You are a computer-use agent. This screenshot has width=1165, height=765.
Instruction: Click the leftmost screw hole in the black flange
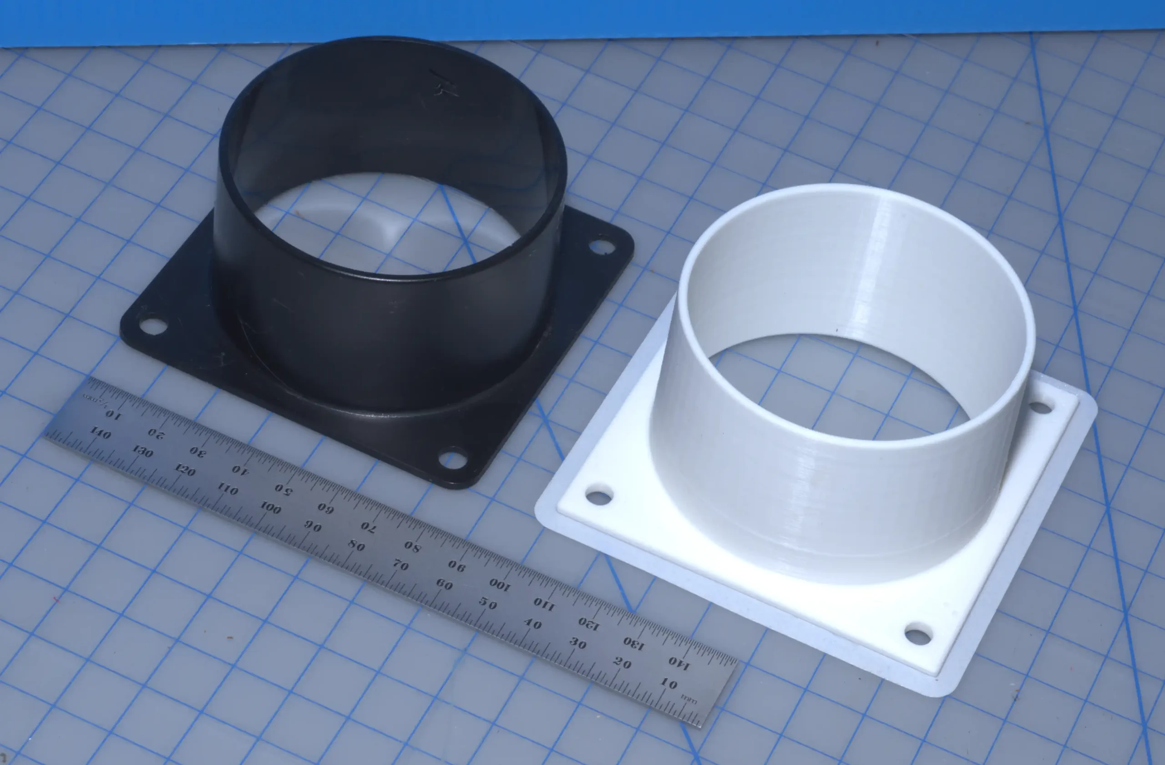click(153, 325)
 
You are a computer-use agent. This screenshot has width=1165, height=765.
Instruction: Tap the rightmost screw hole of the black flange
click(602, 246)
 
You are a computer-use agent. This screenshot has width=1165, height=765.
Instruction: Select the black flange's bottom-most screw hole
click(452, 459)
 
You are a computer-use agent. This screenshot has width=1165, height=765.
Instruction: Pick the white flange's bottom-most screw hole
click(918, 636)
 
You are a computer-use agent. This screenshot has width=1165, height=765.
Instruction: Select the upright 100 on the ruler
click(270, 507)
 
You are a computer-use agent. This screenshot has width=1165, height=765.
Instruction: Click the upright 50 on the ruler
click(487, 603)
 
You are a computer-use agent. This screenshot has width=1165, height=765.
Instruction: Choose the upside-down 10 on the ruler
click(113, 415)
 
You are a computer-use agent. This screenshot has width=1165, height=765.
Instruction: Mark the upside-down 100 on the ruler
click(500, 584)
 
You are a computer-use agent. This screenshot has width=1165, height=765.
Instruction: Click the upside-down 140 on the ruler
click(679, 663)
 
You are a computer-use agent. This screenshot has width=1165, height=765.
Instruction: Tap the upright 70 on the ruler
click(400, 565)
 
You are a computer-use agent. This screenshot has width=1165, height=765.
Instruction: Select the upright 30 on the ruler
click(577, 643)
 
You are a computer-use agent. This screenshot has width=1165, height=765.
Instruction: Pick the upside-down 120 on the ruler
click(588, 623)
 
